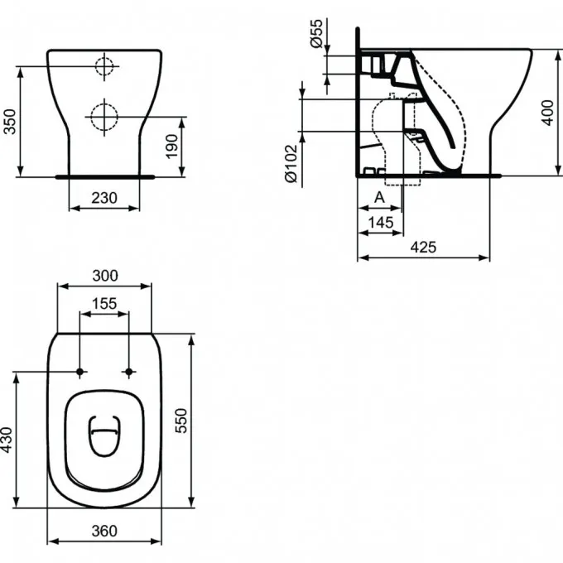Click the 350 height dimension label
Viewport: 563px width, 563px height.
pyautogui.click(x=10, y=122)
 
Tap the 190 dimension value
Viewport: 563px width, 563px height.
pyautogui.click(x=171, y=147)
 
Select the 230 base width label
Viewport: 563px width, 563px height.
pyautogui.click(x=104, y=198)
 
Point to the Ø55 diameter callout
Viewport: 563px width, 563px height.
pyautogui.click(x=316, y=33)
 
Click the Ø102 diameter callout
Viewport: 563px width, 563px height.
pyautogui.click(x=291, y=163)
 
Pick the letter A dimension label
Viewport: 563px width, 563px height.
pyautogui.click(x=379, y=197)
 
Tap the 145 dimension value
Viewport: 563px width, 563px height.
pyautogui.click(x=381, y=223)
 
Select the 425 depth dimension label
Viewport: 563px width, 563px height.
pyautogui.click(x=423, y=247)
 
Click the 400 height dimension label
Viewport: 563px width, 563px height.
pyautogui.click(x=547, y=113)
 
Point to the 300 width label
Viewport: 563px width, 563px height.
pyautogui.click(x=105, y=276)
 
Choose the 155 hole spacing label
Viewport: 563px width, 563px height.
pyautogui.click(x=104, y=303)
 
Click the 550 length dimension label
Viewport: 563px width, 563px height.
pyautogui.click(x=181, y=421)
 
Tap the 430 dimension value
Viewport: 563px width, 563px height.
pyautogui.click(x=7, y=440)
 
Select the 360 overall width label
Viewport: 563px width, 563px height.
pyautogui.click(x=104, y=531)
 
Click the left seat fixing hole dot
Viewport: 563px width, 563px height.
pyautogui.click(x=79, y=372)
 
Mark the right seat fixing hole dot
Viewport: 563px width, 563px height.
pyautogui.click(x=129, y=372)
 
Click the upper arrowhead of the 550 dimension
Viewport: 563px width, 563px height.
pyautogui.click(x=191, y=339)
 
